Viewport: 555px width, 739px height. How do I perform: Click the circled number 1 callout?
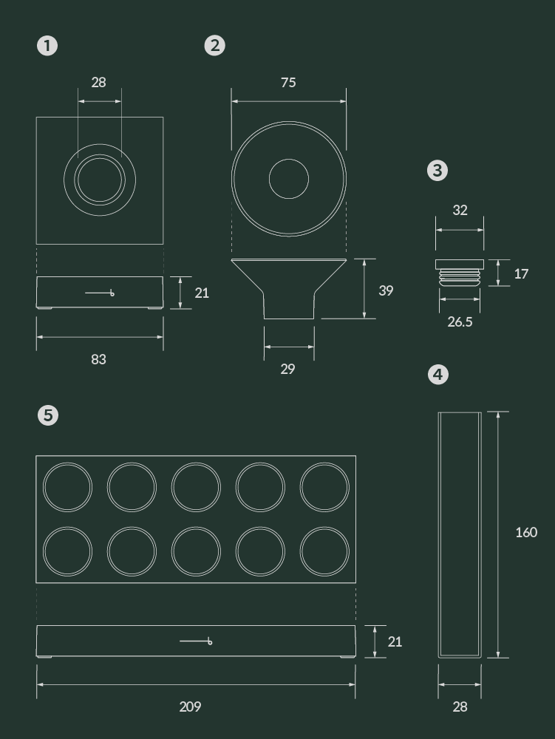47,46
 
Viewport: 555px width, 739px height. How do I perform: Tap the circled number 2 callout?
215,46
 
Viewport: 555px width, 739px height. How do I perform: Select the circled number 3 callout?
437,170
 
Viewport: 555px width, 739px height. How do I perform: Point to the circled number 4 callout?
438,374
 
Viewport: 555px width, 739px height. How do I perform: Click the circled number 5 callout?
48,415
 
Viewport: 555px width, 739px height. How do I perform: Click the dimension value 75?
288,83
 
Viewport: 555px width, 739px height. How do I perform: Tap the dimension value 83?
98,359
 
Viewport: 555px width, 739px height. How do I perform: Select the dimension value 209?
191,706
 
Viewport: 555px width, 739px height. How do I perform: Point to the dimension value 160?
526,532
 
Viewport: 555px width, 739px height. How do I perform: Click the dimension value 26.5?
460,321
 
